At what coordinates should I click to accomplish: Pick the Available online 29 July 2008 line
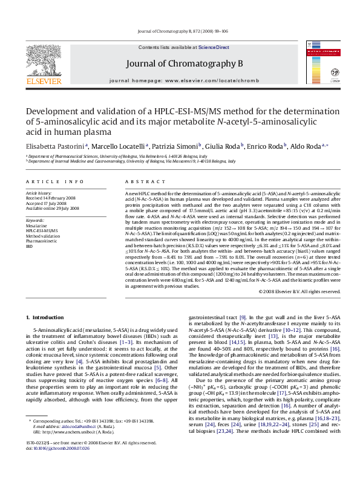(53, 208)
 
